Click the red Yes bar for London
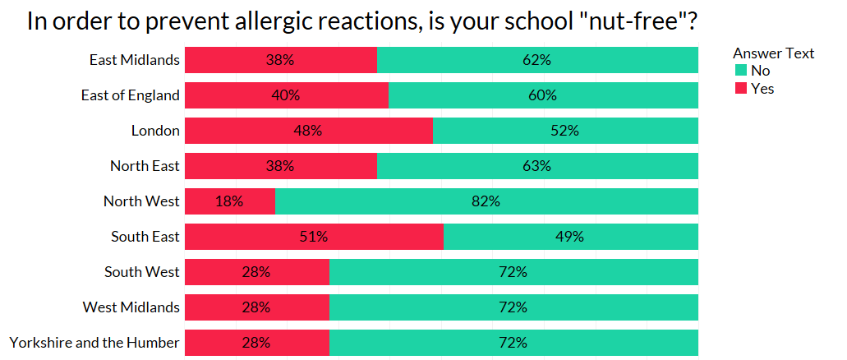click(308, 131)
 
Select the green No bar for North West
click(486, 201)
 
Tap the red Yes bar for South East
click(314, 237)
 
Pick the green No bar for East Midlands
click(537, 60)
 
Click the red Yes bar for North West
click(229, 201)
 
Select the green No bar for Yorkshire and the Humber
click(513, 343)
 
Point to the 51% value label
click(314, 237)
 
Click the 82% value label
click(486, 201)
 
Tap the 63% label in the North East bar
click(537, 166)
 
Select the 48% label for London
click(308, 131)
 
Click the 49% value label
click(570, 237)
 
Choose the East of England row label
click(130, 95)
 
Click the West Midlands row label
click(131, 307)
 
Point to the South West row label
click(141, 272)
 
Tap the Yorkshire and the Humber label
click(94, 343)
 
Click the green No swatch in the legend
click(740, 71)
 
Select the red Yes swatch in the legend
click(740, 88)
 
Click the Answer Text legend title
click(773, 53)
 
